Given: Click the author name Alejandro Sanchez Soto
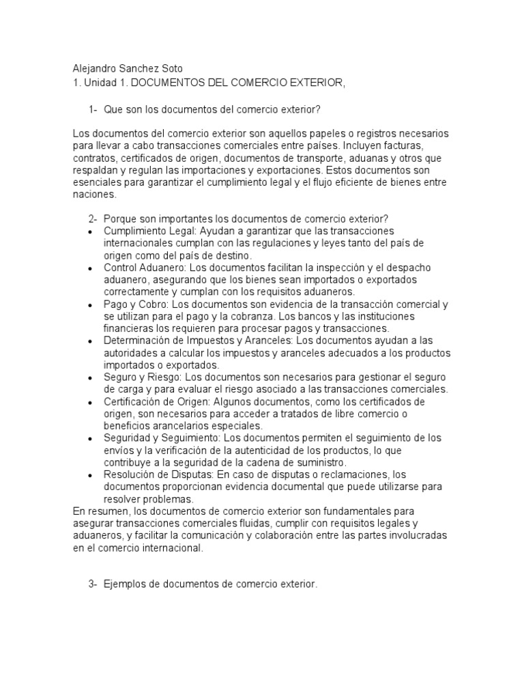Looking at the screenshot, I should (x=128, y=69).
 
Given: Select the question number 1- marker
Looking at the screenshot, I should (x=93, y=111).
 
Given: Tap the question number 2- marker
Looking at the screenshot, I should (x=93, y=218).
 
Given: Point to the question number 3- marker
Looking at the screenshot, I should (x=93, y=585).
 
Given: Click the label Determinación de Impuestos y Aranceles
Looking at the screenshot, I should (x=199, y=340).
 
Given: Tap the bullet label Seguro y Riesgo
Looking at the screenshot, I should (x=140, y=377).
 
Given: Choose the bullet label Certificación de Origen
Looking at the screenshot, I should (x=154, y=401).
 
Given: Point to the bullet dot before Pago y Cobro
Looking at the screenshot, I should (x=90, y=304).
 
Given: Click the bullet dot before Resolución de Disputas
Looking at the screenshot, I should (x=90, y=475).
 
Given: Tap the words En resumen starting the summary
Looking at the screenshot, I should (x=96, y=511).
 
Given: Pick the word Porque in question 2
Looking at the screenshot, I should (x=120, y=218).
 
